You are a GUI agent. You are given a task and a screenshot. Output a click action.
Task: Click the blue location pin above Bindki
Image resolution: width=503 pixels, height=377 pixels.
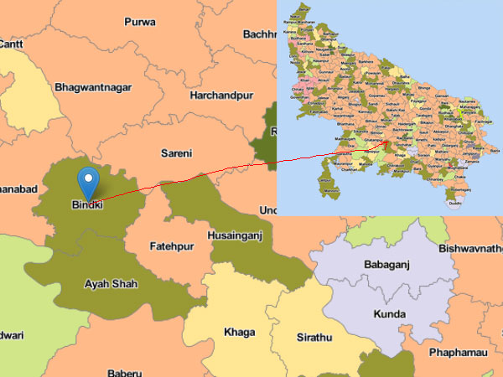point(88,180)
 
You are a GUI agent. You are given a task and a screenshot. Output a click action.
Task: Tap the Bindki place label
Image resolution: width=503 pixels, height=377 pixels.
point(87,204)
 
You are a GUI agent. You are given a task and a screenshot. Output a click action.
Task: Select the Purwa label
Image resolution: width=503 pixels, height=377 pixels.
point(140,21)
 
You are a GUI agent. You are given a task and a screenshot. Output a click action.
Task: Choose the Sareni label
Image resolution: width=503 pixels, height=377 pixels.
point(176,153)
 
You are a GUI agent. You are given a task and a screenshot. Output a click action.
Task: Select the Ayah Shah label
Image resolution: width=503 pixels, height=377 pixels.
point(111,284)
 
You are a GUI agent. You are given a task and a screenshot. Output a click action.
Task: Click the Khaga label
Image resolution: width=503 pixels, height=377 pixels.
point(239,332)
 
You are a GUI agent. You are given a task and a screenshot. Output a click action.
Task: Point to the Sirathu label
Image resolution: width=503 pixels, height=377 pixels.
point(315,337)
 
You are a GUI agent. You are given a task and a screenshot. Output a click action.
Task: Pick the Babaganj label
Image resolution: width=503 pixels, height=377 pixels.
point(386,266)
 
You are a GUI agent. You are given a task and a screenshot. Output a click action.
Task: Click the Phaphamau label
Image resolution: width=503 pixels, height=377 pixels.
point(458,353)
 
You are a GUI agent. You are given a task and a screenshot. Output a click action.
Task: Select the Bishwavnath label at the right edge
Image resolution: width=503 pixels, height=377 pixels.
point(469,249)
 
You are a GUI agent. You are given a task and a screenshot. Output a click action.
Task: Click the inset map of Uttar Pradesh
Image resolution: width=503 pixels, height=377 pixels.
point(390,107)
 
